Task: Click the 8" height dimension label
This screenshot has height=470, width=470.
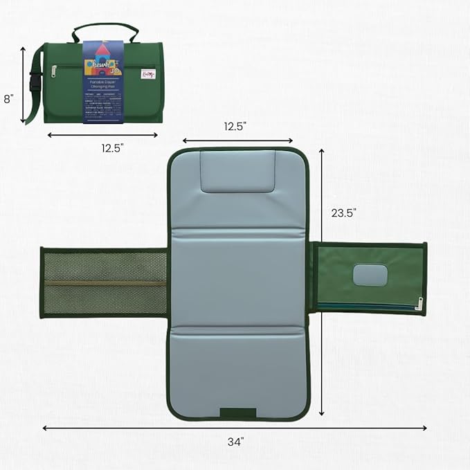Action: click(8, 99)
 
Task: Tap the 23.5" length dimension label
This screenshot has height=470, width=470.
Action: click(344, 213)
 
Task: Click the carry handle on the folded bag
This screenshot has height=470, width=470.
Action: click(106, 30)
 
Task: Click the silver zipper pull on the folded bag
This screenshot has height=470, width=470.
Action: click(53, 70)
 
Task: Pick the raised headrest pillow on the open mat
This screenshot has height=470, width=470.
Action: click(237, 172)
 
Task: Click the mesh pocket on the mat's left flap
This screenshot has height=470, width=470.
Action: click(104, 282)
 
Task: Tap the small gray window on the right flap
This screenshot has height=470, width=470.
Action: click(370, 275)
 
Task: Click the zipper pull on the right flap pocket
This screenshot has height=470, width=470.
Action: click(419, 302)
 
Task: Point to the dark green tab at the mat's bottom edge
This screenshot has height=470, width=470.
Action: click(237, 413)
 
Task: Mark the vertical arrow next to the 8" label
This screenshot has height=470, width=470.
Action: click(23, 84)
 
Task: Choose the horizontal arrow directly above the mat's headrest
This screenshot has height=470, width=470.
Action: click(237, 141)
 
